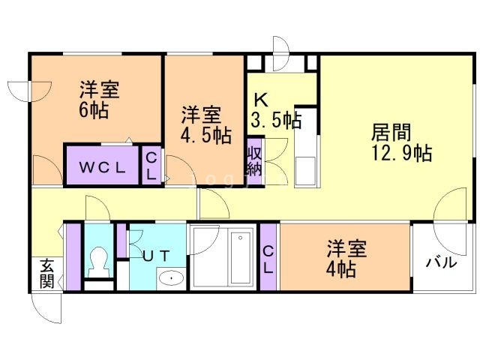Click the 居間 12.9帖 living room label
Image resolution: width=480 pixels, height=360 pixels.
point(401,142)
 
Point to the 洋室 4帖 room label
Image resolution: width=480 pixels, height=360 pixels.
point(346,259)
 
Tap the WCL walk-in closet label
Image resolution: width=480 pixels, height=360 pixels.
point(102,167)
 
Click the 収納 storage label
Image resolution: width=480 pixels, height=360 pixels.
point(254,161)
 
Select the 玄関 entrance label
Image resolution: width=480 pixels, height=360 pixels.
point(47,273)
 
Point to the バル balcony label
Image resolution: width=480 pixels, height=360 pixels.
point(442,262)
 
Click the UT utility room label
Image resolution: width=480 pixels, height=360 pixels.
point(156,256)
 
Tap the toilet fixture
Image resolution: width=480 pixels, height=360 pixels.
point(98,262)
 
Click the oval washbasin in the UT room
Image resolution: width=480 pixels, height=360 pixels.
point(171,278)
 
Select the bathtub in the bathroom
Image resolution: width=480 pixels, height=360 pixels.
point(242,258)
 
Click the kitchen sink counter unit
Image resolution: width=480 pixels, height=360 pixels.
point(306,146)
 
